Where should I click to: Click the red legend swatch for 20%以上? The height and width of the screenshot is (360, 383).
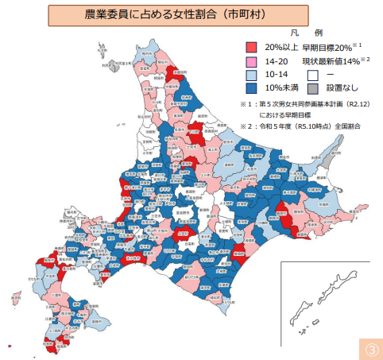click(252, 48)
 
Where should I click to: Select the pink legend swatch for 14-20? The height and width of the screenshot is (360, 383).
click(252, 61)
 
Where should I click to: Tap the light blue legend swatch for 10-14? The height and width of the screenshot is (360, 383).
click(252, 75)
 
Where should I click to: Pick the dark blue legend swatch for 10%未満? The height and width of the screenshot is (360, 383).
click(252, 88)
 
